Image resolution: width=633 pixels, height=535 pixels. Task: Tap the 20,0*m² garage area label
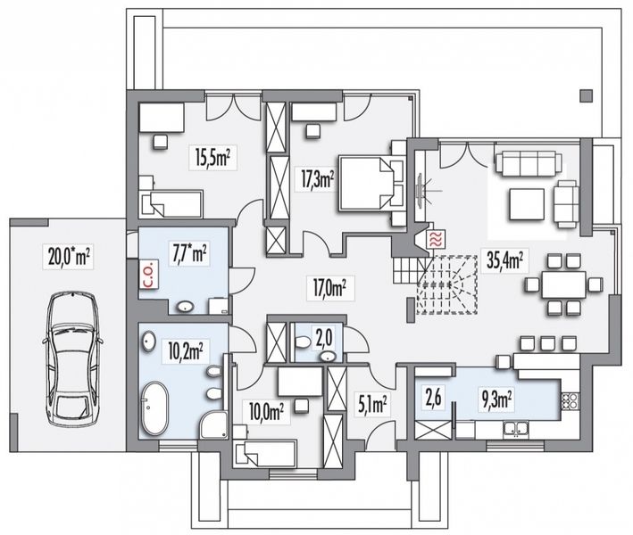(69, 256)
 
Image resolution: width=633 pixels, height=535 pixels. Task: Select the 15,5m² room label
(212, 158)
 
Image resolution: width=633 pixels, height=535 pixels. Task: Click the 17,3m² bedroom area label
(318, 179)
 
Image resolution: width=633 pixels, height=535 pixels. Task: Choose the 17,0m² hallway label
(329, 288)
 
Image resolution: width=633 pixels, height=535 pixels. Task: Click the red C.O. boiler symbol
(148, 275)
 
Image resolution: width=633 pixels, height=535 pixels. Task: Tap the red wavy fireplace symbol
(437, 239)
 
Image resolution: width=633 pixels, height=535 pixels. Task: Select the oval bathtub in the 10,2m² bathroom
(154, 408)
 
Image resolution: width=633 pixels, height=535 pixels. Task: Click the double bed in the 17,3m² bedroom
(365, 183)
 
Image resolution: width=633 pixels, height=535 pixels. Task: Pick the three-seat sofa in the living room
(528, 163)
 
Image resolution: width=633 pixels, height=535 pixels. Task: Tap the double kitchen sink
(515, 429)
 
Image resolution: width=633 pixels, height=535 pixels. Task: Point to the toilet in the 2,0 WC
(302, 342)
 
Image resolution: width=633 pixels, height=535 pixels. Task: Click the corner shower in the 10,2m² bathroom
(214, 425)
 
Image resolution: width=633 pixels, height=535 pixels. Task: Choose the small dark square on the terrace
(587, 96)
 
